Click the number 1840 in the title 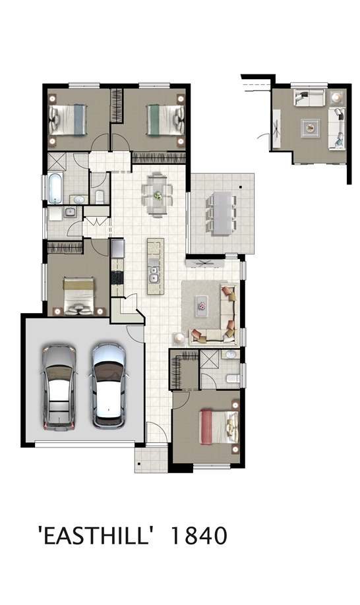pyautogui.click(x=198, y=536)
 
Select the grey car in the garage pyautogui.click(x=59, y=388)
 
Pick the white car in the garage pyautogui.click(x=108, y=386)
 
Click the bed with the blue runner pyautogui.click(x=67, y=119)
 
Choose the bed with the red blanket pyautogui.click(x=219, y=427)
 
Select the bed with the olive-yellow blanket pyautogui.click(x=78, y=295)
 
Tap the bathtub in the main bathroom pyautogui.click(x=55, y=188)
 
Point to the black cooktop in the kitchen pyautogui.click(x=117, y=277)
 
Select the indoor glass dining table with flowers pyautogui.click(x=158, y=195)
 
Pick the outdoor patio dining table pyautogui.click(x=222, y=213)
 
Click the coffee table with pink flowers pyautogui.click(x=202, y=306)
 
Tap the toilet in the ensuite pyautogui.click(x=233, y=378)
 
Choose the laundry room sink pyautogui.click(x=71, y=212)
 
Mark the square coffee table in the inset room pyautogui.click(x=311, y=128)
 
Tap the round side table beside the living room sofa pyautogui.click(x=179, y=338)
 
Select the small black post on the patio pyautogui.click(x=241, y=188)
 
